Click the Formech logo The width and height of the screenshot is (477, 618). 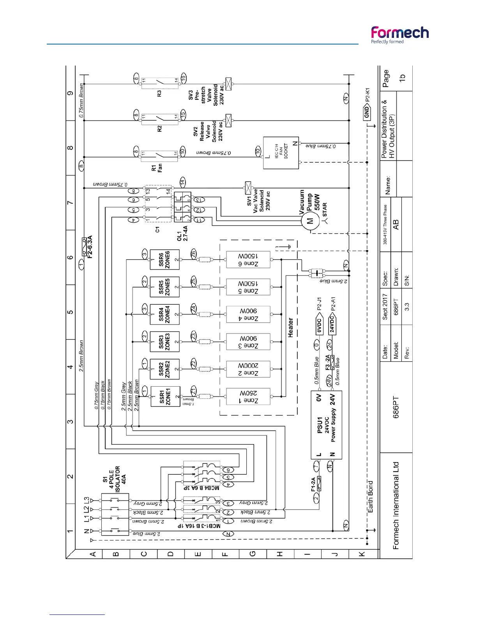point(399,35)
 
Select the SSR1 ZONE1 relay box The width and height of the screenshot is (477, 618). point(165,396)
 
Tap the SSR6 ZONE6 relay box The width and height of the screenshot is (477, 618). point(164,259)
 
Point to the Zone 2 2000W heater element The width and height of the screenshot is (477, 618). point(248,369)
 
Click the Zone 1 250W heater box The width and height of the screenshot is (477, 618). point(248,397)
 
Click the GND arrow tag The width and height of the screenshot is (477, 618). point(367,113)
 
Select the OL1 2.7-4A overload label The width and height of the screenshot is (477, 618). point(182,233)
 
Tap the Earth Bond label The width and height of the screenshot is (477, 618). point(370,497)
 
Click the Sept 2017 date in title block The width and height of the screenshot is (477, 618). point(385,307)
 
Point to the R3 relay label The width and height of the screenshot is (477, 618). point(159,94)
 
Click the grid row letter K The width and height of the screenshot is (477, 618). point(362,554)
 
